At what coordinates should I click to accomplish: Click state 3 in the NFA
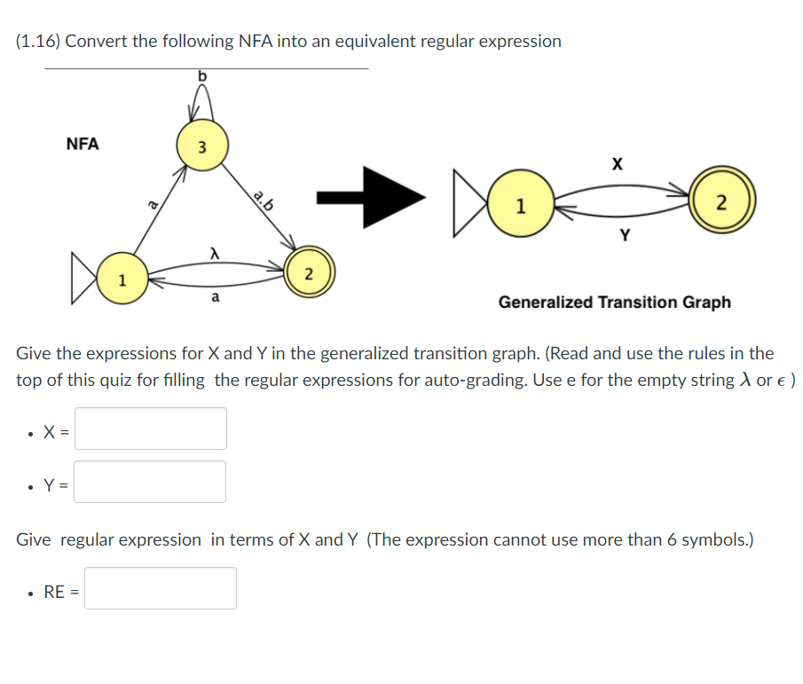201,145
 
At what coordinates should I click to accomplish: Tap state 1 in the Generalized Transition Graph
520,208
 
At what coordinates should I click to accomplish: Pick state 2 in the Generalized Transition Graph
720,203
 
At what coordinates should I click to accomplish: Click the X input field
150,428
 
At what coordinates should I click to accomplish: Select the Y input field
150,482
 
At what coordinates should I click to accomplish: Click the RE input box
160,588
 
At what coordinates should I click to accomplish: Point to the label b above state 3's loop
201,76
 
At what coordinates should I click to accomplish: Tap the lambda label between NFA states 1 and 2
213,255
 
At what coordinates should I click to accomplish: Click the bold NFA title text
83,144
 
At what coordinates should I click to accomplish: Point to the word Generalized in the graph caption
545,303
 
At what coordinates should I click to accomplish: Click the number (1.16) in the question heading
38,42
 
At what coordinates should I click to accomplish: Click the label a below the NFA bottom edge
214,299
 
